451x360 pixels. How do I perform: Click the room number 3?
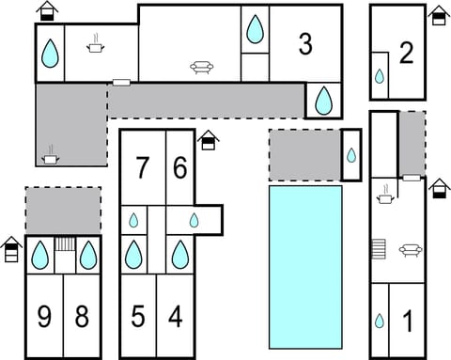305,44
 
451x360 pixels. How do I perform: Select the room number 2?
406,54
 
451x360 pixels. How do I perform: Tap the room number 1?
408,321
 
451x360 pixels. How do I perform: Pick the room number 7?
142,167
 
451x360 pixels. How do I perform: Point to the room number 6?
180,167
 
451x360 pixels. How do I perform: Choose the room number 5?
138,317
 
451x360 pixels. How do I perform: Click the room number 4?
176,317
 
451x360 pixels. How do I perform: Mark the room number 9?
44,317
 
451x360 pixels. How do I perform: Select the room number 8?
82,317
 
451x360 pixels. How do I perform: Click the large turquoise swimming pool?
305,267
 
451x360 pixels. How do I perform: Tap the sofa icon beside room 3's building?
202,68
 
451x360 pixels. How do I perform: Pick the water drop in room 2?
380,76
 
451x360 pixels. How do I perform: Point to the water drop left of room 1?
380,321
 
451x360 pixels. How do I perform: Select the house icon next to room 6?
209,140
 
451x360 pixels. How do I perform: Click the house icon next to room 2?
439,15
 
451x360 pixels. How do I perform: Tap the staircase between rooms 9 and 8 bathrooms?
66,243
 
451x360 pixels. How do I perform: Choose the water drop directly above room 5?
133,255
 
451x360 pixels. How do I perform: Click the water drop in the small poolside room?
351,155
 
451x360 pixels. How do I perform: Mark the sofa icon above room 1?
411,251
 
